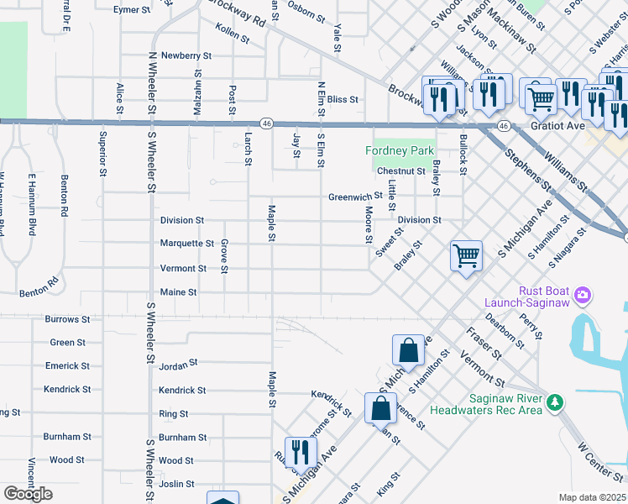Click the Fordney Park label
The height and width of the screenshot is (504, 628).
click(400, 150)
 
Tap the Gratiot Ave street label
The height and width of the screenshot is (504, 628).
click(557, 126)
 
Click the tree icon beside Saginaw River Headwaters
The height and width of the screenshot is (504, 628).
click(553, 403)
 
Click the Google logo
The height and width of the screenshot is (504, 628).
click(28, 494)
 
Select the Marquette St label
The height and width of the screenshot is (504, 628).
click(187, 244)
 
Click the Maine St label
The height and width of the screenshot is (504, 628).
click(178, 292)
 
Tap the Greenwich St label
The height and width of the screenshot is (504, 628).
click(355, 197)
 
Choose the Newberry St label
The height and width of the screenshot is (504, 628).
click(186, 55)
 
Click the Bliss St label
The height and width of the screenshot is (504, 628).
click(343, 99)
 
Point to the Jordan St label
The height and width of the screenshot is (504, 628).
click(177, 364)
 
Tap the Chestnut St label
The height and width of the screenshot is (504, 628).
click(401, 171)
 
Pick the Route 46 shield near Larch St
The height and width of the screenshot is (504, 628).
click(265, 123)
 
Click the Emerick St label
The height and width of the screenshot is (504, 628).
click(68, 366)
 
